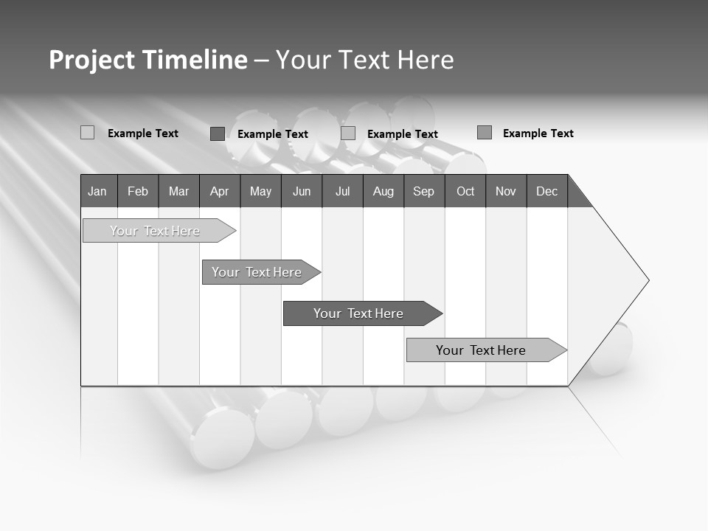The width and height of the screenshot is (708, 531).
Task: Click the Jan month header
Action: coord(98,191)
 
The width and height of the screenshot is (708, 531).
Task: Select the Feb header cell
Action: coord(138,191)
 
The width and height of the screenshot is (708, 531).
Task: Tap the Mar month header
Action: coord(178,191)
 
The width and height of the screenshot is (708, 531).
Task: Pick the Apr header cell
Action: coord(220,191)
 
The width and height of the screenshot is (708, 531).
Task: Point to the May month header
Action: coord(260,191)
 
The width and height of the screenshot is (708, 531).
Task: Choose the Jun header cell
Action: coord(302,191)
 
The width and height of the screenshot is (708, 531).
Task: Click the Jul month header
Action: coord(342,191)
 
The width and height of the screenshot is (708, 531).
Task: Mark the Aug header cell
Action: coord(383,191)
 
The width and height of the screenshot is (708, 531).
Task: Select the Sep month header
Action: coord(424,191)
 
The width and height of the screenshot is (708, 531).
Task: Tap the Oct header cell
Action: coord(465,191)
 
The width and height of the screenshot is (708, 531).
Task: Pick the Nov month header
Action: coord(506,191)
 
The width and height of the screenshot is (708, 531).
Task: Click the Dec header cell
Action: coord(547,191)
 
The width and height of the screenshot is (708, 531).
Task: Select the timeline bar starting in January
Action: coord(155,231)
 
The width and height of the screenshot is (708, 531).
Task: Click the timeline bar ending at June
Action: coord(257,272)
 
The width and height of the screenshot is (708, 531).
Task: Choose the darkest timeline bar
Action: coord(358,313)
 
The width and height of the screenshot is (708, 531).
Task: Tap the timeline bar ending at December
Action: coord(481,350)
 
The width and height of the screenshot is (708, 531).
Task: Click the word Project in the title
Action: coord(91,60)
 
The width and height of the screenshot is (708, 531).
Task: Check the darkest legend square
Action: coord(217,133)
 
